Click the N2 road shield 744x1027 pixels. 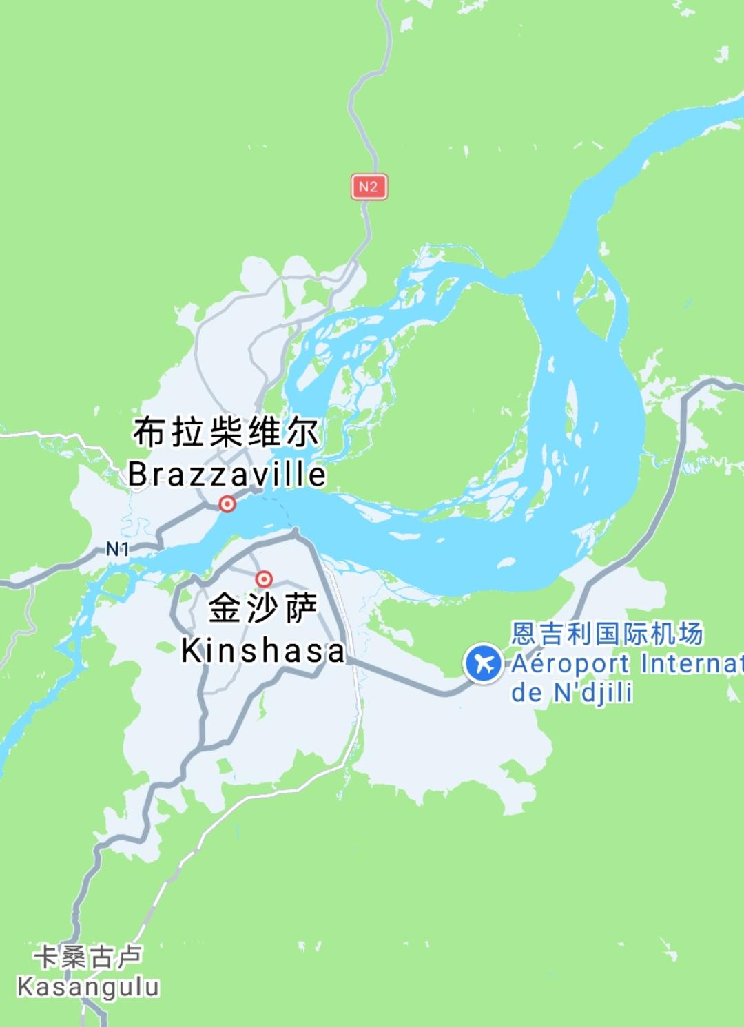[369, 187]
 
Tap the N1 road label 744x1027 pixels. [118, 549]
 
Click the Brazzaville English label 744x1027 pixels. [227, 475]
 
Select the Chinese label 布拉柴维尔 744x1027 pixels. [226, 433]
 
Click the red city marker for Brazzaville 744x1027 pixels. [227, 504]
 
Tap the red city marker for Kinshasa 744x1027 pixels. [264, 579]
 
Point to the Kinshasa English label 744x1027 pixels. [262, 651]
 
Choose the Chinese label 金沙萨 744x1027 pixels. [262, 610]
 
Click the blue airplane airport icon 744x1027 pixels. [484, 664]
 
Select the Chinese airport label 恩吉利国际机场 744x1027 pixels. [607, 634]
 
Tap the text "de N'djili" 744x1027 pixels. [571, 693]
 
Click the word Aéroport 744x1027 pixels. [570, 664]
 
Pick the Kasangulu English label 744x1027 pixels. [88, 986]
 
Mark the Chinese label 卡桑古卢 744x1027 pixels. [88, 957]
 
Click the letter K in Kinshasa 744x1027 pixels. [190, 651]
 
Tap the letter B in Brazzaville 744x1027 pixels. [138, 475]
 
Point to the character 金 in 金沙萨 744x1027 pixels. [225, 610]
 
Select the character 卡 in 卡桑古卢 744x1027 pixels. [47, 957]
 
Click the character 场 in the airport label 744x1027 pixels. [690, 634]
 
